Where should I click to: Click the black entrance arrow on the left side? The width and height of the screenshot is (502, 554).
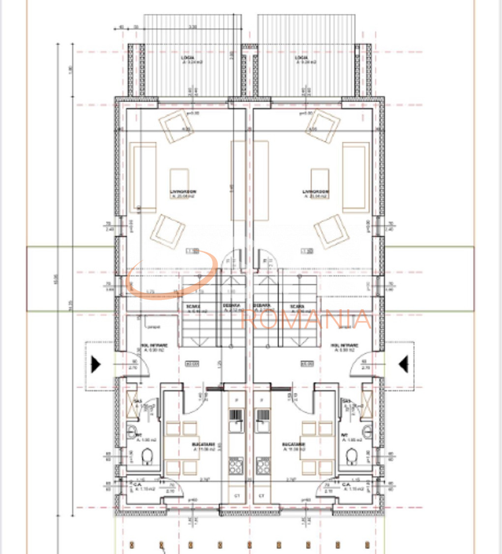[x=95, y=364]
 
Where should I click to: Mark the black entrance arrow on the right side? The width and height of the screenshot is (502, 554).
[x=404, y=364]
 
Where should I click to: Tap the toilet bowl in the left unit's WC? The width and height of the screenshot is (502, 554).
[x=146, y=458]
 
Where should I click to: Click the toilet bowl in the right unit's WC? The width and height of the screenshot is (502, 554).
[x=352, y=458]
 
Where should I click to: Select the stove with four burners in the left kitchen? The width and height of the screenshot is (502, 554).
[x=236, y=465]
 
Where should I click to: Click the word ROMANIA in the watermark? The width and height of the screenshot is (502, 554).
[x=306, y=319]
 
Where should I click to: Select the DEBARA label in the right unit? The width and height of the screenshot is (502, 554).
[x=263, y=305]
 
